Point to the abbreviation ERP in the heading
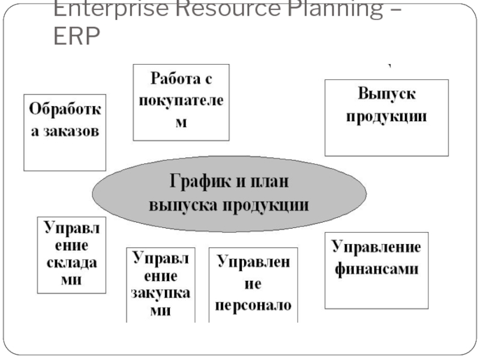tap(76, 38)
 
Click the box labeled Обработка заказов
tap(65, 132)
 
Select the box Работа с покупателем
tap(181, 102)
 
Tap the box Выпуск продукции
tap(386, 118)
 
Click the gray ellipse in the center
tap(229, 192)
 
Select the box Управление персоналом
tap(254, 284)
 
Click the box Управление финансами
tap(376, 270)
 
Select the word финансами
tap(376, 269)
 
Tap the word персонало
tap(254, 305)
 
